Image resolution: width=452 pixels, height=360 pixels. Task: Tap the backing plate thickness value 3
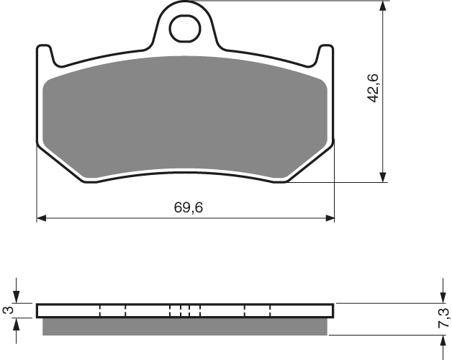click(7, 310)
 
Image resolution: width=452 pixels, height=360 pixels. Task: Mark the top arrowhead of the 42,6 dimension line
click(384, 8)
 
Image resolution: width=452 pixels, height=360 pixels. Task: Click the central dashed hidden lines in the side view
click(185, 310)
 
